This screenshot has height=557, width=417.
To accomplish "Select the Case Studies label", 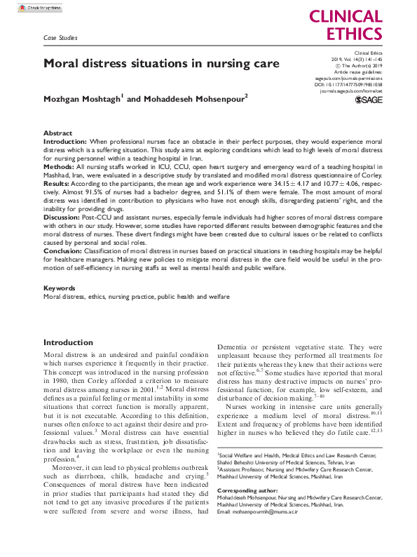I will [60, 38].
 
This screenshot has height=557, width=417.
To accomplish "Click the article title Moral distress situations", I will [161, 63].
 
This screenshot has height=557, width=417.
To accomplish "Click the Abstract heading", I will [57, 133].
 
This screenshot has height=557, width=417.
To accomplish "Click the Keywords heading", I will [60, 288].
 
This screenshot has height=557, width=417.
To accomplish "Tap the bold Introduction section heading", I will [68, 342].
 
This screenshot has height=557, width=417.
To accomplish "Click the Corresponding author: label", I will [249, 490].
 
